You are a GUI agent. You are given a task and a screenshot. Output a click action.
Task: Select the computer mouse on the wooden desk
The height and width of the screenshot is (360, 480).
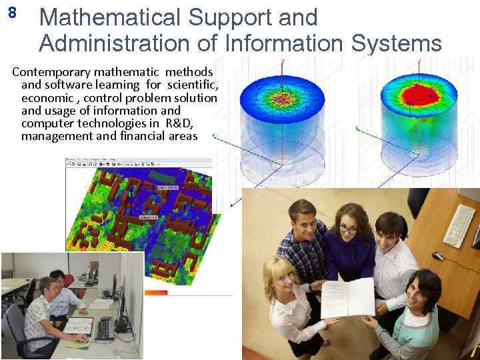pos(437,256)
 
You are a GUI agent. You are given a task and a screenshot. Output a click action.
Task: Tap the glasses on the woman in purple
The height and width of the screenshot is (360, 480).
pos(348,228)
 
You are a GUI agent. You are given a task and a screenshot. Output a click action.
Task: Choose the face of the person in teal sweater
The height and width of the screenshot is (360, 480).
pos(421,292)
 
